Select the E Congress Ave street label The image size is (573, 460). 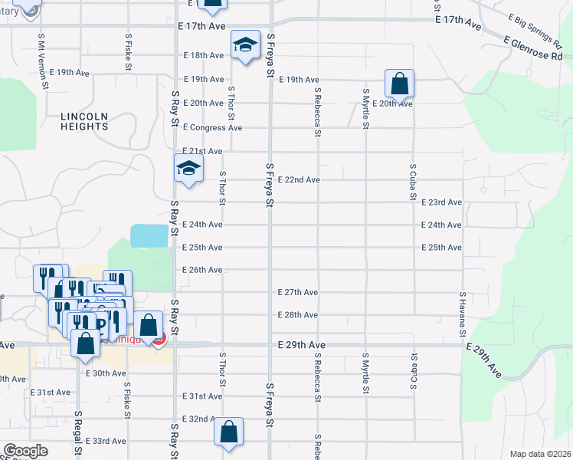(212, 127)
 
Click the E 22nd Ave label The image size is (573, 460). (299, 179)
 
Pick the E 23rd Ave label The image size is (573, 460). (442, 202)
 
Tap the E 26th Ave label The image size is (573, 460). (202, 270)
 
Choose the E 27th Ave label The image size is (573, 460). (298, 292)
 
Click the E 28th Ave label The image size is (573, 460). (298, 315)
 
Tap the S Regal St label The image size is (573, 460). (77, 433)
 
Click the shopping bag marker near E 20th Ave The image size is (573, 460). (399, 83)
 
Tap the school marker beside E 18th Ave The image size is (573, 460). (246, 45)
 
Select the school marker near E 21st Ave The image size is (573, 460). (188, 169)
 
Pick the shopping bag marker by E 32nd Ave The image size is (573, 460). (229, 432)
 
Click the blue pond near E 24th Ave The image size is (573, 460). (149, 235)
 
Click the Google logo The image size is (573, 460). (25, 451)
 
